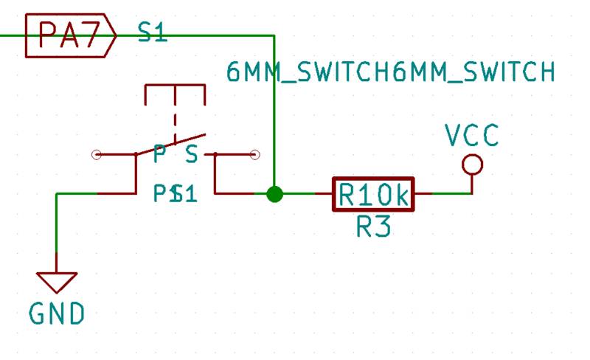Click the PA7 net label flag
pyautogui.click(x=69, y=34)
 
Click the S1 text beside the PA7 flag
pyautogui.click(x=152, y=32)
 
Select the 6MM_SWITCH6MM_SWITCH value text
pyautogui.click(x=390, y=73)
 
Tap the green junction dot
pyautogui.click(x=274, y=194)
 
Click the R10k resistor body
pyautogui.click(x=373, y=195)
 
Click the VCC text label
pyautogui.click(x=472, y=135)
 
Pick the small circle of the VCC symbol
pyautogui.click(x=472, y=164)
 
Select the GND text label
pyautogui.click(x=57, y=314)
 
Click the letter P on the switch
pyautogui.click(x=159, y=155)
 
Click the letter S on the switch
pyautogui.click(x=192, y=155)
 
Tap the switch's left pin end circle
pyautogui.click(x=95, y=155)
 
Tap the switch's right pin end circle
pyautogui.click(x=255, y=155)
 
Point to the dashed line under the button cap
pyautogui.click(x=176, y=122)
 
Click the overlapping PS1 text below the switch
pyautogui.click(x=175, y=194)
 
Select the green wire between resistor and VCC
pyautogui.click(x=442, y=194)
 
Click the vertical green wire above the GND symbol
pyautogui.click(x=57, y=232)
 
